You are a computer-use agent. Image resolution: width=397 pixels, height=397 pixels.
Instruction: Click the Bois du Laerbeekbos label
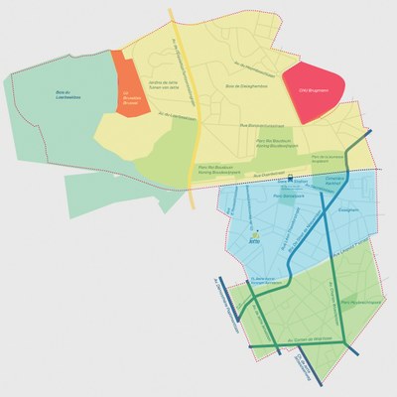(x=68, y=97)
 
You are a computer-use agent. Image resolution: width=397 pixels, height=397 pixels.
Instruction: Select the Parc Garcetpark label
(x=288, y=197)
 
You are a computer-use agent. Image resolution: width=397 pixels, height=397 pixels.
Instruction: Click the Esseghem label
(x=348, y=209)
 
